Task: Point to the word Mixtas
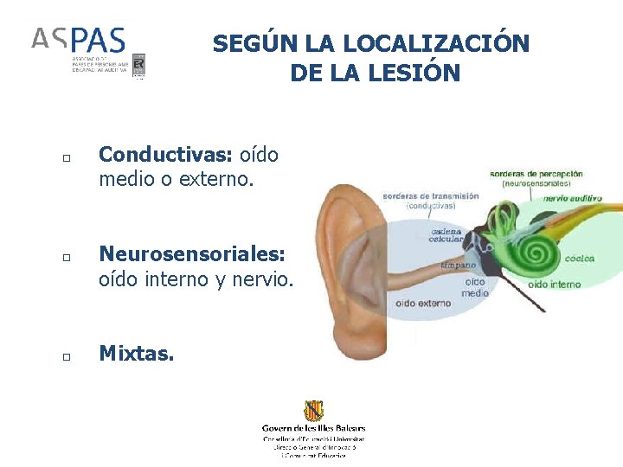[136, 353]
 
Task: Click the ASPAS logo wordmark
[79, 40]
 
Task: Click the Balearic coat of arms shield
[313, 411]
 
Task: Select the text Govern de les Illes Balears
[313, 428]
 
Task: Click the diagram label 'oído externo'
[423, 303]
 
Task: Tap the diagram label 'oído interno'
[554, 284]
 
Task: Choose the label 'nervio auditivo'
[573, 198]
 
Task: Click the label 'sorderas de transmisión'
[430, 196]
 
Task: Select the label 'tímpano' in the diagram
[459, 265]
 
